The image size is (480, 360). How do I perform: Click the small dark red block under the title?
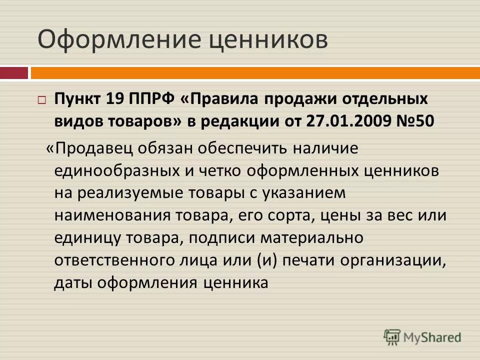coord(13,73)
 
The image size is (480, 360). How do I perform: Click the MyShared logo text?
coord(432,337)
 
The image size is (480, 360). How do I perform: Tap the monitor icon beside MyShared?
coord(392,337)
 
